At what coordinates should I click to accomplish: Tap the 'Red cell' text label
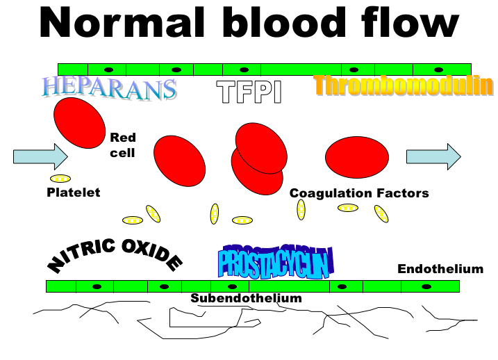[x=123, y=145]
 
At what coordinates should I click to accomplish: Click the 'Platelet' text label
[x=73, y=193]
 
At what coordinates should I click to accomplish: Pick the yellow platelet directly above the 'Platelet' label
[x=60, y=179]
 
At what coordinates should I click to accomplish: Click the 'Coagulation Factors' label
[x=359, y=193]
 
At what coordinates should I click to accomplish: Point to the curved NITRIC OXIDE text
[x=115, y=256]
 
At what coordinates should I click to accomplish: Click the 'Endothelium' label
[x=440, y=269]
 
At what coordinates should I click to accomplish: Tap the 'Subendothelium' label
[x=247, y=298]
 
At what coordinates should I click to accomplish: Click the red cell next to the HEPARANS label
[x=79, y=122]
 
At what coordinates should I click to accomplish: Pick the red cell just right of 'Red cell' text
[x=179, y=161]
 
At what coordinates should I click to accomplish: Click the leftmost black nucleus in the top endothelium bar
[x=108, y=69]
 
